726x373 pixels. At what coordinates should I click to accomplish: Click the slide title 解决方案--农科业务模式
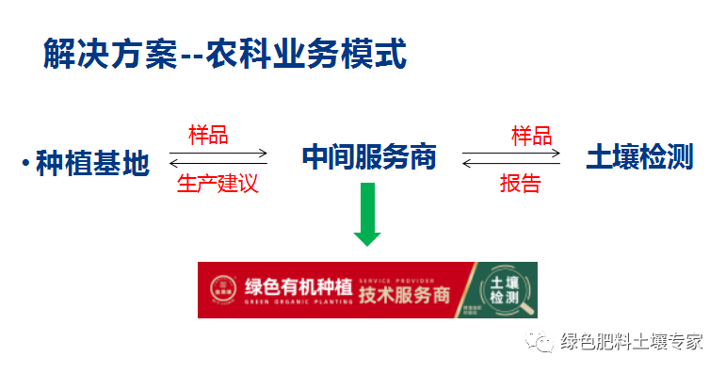point(224,55)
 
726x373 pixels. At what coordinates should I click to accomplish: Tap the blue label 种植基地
point(92,163)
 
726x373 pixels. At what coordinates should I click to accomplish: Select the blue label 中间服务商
point(368,156)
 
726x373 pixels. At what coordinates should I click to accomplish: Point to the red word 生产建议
point(217,183)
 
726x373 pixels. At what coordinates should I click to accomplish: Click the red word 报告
point(520,183)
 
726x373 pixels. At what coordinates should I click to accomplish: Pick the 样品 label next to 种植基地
point(208,135)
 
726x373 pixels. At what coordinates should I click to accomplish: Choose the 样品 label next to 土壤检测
point(531,135)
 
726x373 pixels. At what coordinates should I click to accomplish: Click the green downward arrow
point(367,214)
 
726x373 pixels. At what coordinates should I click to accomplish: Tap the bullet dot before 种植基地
point(25,164)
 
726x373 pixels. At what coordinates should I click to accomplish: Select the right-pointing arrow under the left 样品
point(218,152)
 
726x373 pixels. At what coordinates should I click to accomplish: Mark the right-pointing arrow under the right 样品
point(511,152)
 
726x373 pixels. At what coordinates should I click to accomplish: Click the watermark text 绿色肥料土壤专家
point(631,342)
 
